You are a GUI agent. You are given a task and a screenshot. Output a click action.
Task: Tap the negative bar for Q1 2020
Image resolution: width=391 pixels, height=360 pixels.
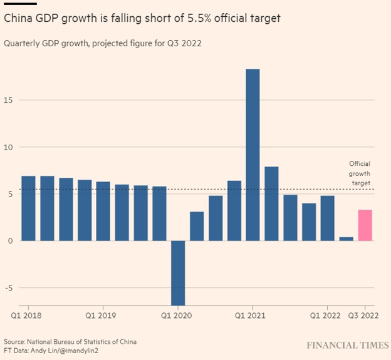178,272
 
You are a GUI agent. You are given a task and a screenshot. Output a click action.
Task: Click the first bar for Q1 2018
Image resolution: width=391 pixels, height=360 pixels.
29,208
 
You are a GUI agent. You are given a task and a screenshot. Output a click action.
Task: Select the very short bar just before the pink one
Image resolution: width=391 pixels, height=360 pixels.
346,239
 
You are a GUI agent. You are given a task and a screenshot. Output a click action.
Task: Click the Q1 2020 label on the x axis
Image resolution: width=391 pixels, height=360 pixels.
178,316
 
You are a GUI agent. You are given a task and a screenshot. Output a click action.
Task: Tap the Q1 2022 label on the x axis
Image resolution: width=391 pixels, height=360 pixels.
326,316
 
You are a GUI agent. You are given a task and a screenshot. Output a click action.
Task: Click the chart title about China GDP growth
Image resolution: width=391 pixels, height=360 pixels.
142,19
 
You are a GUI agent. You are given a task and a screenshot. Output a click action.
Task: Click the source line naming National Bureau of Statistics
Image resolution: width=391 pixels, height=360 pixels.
70,341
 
